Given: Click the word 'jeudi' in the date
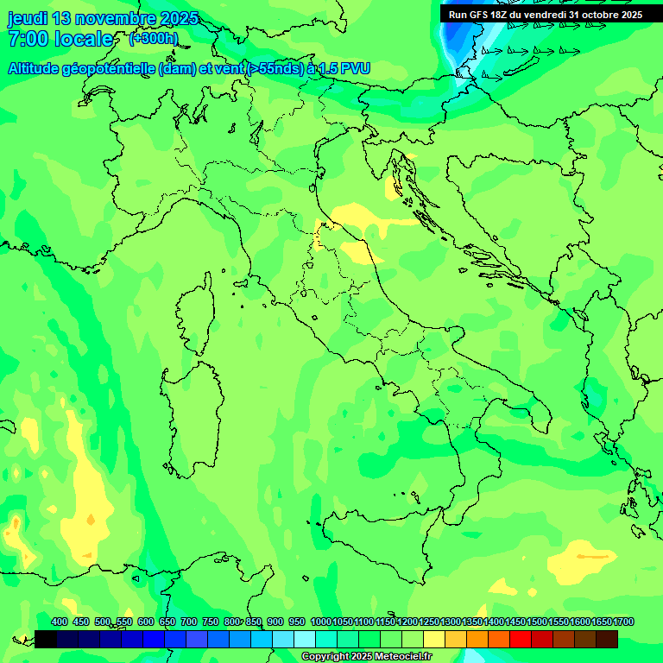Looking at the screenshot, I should tap(27, 18).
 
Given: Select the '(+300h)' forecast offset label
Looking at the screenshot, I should tap(153, 38).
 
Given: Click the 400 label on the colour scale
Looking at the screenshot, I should tap(60, 622).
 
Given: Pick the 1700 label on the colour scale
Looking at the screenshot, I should tap(623, 622).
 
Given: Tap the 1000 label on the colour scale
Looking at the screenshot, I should tap(320, 622).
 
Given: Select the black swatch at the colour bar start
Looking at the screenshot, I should tap(46, 639).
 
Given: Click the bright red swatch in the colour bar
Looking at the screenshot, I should tap(521, 639).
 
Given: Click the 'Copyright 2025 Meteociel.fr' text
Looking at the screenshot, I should tap(366, 657).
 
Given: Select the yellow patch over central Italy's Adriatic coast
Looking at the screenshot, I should tap(354, 216).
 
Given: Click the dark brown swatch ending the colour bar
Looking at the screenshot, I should tap(607, 639).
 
